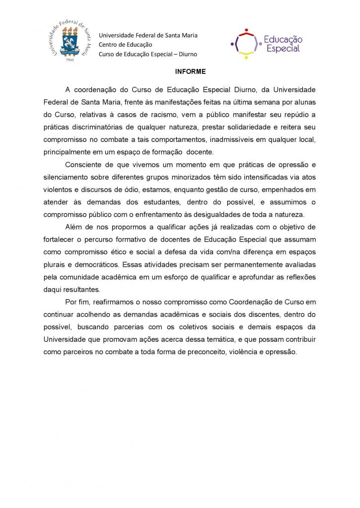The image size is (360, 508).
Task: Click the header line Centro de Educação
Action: (126, 45)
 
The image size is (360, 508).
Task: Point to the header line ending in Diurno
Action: (147, 54)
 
